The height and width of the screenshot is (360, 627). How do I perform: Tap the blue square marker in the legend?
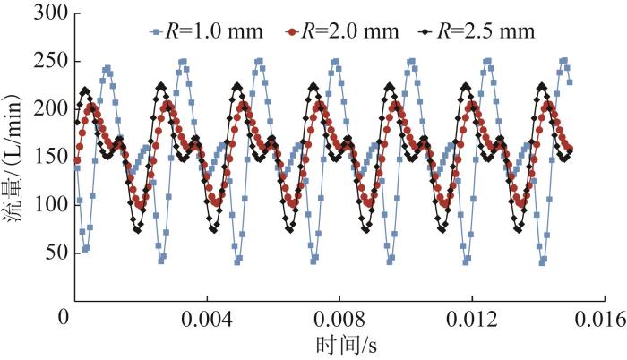[x=157, y=33]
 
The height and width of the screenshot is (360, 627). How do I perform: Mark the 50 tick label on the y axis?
[x=51, y=253]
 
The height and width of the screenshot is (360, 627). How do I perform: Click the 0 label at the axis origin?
[x=64, y=319]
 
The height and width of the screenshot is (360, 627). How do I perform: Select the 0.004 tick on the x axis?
[x=207, y=319]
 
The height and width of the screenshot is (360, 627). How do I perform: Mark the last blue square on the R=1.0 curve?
[x=570, y=81]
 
